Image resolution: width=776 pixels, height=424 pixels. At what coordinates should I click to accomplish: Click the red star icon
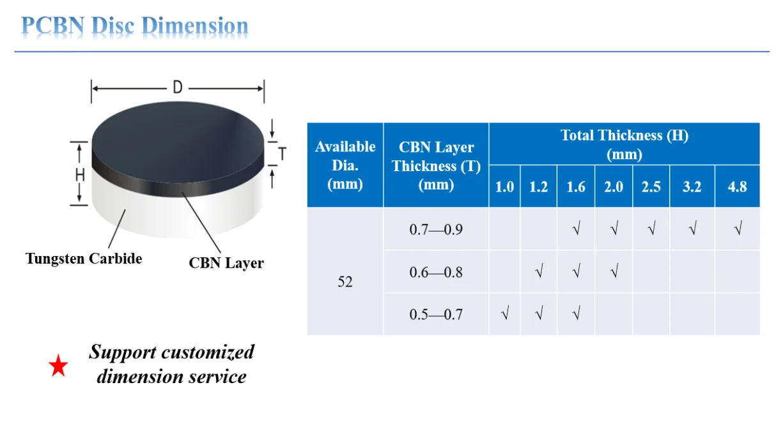coord(58,367)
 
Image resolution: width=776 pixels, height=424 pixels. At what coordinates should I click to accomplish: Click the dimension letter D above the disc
coord(178,88)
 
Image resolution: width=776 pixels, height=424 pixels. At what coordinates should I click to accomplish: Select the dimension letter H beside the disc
coord(80,174)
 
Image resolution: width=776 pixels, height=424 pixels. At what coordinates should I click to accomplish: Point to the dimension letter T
coord(282,154)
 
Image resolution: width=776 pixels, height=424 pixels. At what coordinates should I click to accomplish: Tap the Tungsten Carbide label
coord(84,259)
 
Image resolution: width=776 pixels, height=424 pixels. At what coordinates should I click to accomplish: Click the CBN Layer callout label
coord(226,262)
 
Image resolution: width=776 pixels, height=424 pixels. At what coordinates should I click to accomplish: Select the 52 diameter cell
coord(345,281)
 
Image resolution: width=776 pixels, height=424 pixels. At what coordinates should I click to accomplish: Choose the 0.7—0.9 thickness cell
coord(435,229)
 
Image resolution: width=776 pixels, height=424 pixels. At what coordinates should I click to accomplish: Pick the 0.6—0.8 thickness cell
coord(435,272)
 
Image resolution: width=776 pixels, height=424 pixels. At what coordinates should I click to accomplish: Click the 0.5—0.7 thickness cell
coord(435,314)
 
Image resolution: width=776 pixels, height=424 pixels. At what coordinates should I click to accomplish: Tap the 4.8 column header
coord(737,187)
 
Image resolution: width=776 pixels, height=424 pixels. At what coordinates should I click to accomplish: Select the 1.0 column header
coord(504,187)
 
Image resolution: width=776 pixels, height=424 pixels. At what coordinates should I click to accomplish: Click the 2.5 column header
coord(651,187)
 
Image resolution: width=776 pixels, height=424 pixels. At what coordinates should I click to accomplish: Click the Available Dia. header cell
coord(345,165)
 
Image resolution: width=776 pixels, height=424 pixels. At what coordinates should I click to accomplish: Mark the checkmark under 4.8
coord(738,229)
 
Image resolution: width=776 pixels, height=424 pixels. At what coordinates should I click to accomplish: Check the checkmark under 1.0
coord(505,314)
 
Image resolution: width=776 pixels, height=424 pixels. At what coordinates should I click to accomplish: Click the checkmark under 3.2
coord(692,229)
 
